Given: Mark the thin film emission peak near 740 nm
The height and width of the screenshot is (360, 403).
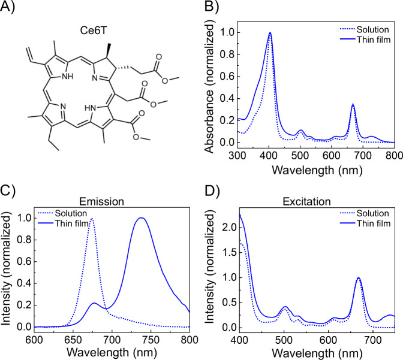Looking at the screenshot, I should [142, 218].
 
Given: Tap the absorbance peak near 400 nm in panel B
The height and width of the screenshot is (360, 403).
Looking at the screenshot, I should [270, 33].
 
